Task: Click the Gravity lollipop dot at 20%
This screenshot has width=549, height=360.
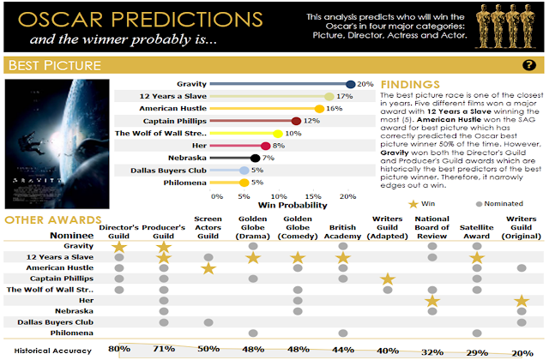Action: click(x=351, y=84)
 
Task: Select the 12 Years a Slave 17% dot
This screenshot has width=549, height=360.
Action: click(x=329, y=97)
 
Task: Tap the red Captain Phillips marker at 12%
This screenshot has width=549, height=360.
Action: click(x=296, y=121)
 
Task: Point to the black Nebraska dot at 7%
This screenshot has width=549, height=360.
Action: click(x=255, y=158)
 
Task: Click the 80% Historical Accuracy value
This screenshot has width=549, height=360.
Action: click(x=119, y=350)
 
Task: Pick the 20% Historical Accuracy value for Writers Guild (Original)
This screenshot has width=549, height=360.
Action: click(x=522, y=350)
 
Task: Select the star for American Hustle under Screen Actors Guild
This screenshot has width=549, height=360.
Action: click(x=208, y=269)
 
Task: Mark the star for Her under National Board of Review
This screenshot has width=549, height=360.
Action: click(x=432, y=300)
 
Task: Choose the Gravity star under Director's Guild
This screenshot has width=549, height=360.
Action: click(x=120, y=247)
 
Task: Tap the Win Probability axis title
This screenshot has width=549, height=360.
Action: click(x=293, y=206)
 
